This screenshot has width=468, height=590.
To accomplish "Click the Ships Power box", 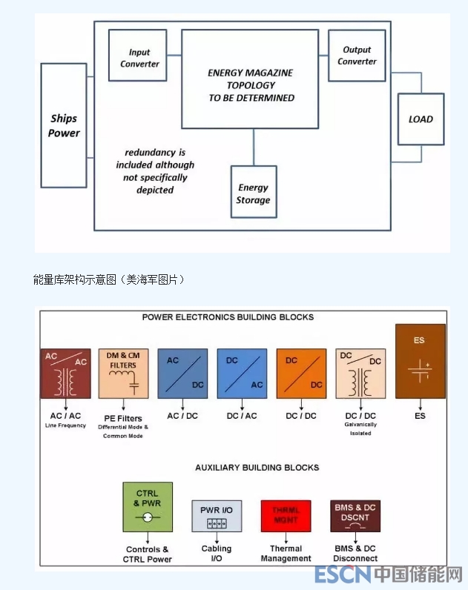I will pos(64,125).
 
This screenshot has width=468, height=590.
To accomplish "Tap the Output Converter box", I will pos(357,56).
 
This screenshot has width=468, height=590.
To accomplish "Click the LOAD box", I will pos(421,119).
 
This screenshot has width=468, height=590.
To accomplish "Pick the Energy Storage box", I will pos(253,192).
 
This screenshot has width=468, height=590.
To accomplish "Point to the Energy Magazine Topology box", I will pos(250,79).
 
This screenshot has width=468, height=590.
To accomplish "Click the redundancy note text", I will pos(155,171).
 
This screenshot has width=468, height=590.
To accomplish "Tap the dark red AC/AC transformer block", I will pos(65,373).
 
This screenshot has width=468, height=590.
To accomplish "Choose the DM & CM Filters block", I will pos(123,373).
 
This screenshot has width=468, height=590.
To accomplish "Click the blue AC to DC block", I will pos(182,373).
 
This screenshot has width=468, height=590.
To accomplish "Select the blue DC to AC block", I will pos(242,373).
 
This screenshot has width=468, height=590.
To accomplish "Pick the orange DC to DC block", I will pos(301,373).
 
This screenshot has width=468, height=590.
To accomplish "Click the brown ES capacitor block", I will pos(420,362).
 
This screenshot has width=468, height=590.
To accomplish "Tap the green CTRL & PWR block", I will pos(148,507).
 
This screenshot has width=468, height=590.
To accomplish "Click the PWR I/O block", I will pos(217,515).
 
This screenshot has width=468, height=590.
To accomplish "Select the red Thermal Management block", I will pos(286,515).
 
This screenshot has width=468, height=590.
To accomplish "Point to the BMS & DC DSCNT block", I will pos(355,515).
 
